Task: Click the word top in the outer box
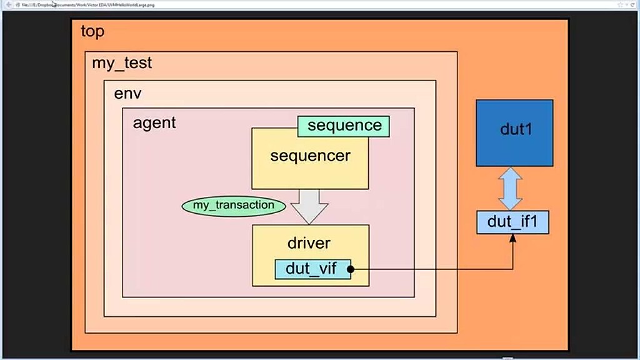click(92, 31)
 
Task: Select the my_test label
click(122, 63)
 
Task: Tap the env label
click(127, 94)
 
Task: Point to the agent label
click(154, 122)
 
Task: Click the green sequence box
click(343, 126)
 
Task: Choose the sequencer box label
click(310, 156)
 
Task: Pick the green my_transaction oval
click(233, 205)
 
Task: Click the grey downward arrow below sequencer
click(309, 206)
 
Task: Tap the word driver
click(309, 242)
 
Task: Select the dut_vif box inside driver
click(312, 269)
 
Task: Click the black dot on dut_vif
click(351, 269)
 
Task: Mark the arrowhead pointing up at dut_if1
click(513, 239)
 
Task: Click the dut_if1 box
click(512, 222)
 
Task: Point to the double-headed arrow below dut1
click(511, 188)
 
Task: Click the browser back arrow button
click(7, 5)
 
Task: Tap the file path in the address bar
click(87, 5)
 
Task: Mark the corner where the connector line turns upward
click(513, 269)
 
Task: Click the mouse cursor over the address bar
click(54, 4)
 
